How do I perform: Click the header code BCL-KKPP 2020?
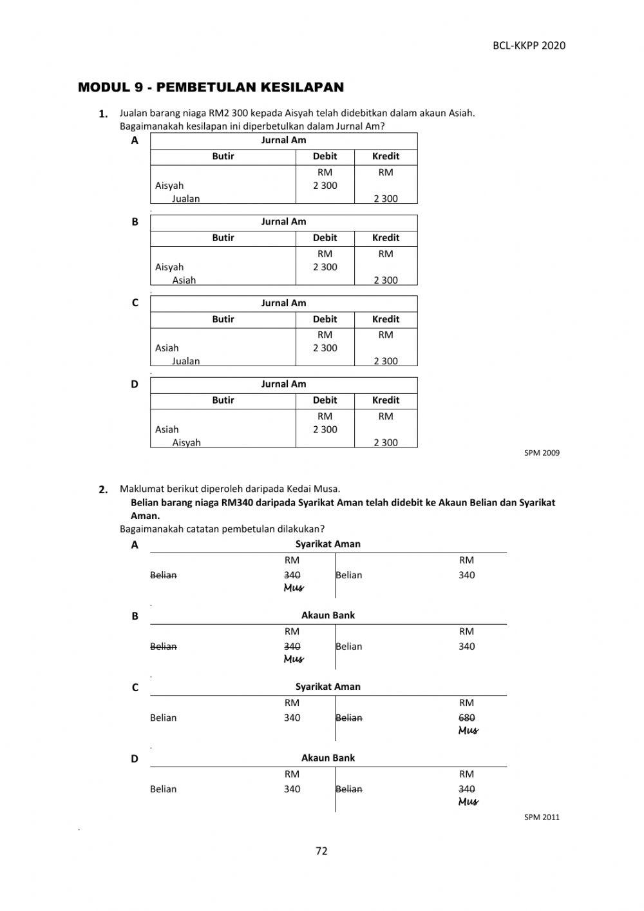coord(529,45)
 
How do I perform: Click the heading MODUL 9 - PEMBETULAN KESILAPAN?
coord(211,87)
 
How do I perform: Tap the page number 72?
coord(321,850)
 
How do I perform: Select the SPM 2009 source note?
coord(542,453)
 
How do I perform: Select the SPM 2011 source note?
coord(542,817)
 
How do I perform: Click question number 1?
coord(103,114)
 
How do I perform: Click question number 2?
coord(103,489)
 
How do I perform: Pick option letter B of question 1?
coord(135,222)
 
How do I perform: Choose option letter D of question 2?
coord(135,759)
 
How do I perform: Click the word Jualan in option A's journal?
coord(185,199)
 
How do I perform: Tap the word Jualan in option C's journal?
coord(185,361)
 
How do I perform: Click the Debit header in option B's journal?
coord(325,237)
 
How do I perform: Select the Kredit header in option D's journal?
coord(385,400)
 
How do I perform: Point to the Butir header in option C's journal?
coord(223,318)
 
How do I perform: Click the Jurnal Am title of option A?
coord(283,140)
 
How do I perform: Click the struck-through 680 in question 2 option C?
coord(467,718)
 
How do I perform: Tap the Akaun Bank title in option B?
coord(328,615)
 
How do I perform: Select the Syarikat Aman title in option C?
coord(328,687)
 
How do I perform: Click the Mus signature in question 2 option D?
coord(468,801)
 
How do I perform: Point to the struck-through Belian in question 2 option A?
coord(163,575)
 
